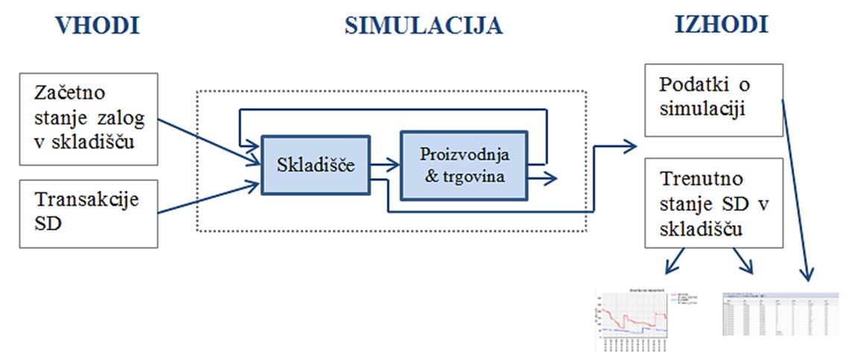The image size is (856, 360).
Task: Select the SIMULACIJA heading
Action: [x=424, y=25]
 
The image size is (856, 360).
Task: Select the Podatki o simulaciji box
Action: [x=702, y=101]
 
